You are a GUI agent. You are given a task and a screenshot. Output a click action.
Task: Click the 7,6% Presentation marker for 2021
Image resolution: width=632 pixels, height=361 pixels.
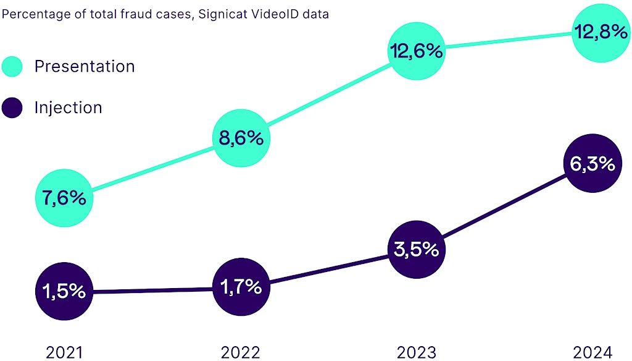point(64,198)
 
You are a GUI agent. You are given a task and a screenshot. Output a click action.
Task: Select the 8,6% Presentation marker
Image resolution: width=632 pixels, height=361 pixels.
point(241,138)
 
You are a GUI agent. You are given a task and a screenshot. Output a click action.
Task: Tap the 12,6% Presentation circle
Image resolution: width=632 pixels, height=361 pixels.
point(416,51)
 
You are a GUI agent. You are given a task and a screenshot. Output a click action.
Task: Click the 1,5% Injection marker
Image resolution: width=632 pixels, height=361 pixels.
point(64,291)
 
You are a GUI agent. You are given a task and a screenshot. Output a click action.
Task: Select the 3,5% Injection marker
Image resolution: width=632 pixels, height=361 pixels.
point(416,250)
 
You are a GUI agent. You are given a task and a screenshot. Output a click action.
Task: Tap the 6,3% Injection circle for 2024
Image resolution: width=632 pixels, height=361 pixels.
point(592,164)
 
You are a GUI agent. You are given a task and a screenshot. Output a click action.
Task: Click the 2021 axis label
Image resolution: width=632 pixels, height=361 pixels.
point(64,352)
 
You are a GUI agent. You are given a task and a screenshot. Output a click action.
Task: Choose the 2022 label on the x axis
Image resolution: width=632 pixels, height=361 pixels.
point(240,352)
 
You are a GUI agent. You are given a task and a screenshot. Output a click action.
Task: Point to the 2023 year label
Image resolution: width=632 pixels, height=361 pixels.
point(416,352)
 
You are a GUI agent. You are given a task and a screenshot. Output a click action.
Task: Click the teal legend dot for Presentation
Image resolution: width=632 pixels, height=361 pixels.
point(12,66)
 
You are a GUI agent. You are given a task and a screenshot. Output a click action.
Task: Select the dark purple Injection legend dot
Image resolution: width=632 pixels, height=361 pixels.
point(12,108)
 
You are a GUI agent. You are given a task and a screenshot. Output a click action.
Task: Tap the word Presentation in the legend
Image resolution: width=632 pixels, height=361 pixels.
point(85,66)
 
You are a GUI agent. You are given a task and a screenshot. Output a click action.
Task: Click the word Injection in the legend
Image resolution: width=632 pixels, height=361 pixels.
point(69,108)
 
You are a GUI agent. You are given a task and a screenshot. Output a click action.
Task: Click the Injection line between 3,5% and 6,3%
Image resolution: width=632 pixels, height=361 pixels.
point(504,207)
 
